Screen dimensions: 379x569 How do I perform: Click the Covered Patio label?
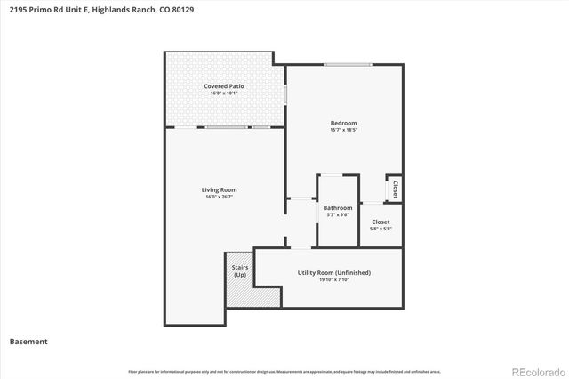[x=224, y=86]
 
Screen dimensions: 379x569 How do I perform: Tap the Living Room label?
[x=219, y=189]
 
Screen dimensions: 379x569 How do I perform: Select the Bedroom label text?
[x=344, y=123]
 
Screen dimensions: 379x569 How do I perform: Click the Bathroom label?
[x=338, y=208]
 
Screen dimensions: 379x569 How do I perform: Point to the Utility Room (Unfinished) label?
[x=334, y=272]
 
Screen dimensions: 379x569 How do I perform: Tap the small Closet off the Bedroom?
[x=393, y=189]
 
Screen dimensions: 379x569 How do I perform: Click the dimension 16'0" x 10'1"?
[x=224, y=93]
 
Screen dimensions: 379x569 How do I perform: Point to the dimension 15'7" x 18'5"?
[x=344, y=130]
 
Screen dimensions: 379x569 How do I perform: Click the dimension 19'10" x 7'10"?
[x=334, y=280]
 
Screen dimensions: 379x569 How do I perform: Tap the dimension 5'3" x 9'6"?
[x=338, y=214]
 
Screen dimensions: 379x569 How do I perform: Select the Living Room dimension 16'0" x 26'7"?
[x=219, y=197]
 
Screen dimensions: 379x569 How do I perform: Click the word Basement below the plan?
[x=28, y=342]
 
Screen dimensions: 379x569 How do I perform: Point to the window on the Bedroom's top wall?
[x=347, y=64]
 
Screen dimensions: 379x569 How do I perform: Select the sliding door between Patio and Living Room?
[x=228, y=127]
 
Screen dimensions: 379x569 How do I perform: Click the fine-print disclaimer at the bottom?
[x=284, y=371]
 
